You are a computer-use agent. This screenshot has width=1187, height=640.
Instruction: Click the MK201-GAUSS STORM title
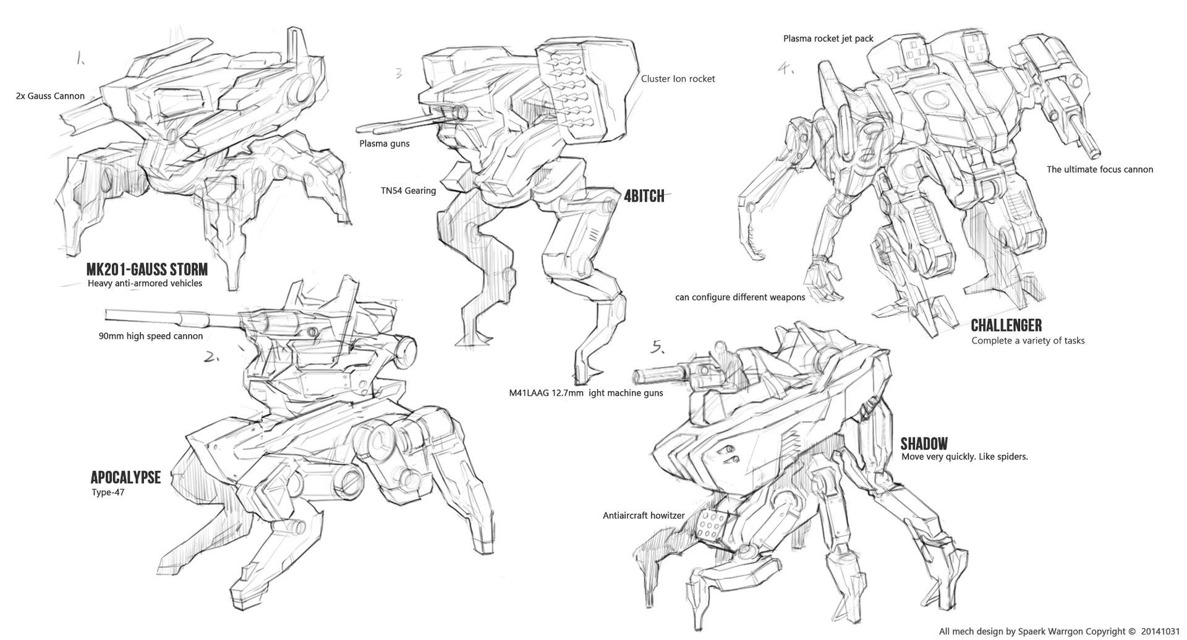pos(147,270)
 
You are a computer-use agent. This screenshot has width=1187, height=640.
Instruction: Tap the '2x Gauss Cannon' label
pos(51,96)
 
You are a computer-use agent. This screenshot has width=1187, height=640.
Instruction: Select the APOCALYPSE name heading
pos(126,478)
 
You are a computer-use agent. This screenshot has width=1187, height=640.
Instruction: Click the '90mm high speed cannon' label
pos(150,337)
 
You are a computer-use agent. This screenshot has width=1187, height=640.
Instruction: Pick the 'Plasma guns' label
pos(385,144)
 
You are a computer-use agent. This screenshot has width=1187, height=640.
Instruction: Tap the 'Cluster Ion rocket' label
pos(678,79)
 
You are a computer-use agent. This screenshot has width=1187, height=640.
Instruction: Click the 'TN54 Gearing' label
pos(408,191)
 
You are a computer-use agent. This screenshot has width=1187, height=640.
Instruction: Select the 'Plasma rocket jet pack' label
pos(828,39)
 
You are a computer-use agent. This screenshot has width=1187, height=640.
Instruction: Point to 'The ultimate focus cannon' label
pos(1100,169)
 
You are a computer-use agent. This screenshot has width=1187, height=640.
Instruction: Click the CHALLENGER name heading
pos(1006,326)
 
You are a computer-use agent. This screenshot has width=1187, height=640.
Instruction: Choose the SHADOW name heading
pos(924,444)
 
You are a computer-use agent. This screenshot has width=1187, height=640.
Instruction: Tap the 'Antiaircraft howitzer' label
pos(644,515)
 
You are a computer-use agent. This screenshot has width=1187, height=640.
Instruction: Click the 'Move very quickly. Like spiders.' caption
pos(964,457)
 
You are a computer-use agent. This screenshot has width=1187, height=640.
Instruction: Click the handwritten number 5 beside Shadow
pos(658,348)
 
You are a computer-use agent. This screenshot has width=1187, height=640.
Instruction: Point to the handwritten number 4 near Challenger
pos(786,69)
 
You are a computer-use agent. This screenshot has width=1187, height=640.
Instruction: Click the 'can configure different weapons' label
pos(740,298)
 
